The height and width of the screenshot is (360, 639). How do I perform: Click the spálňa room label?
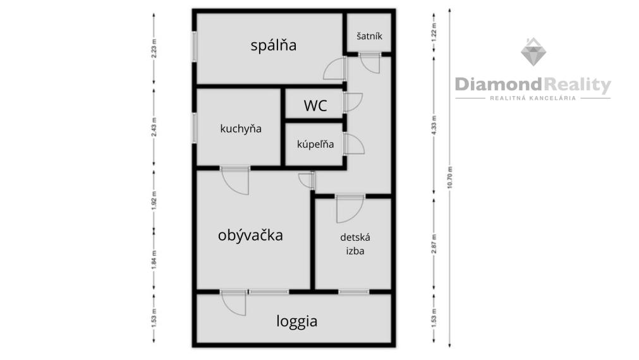tap(274, 45)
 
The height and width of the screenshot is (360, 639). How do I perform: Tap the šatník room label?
tap(369, 36)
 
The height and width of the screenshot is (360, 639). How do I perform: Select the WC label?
tap(315, 105)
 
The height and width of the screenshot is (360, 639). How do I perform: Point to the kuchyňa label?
tap(240, 129)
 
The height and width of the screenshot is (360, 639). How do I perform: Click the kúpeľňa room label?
tap(315, 144)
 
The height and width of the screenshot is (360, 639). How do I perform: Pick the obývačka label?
tap(250, 235)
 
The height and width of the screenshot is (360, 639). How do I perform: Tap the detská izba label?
tap(355, 244)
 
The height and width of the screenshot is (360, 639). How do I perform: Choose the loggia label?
tap(296, 321)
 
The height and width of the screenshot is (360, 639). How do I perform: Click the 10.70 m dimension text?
tap(449, 177)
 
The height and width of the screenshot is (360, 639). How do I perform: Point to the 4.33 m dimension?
tap(434, 126)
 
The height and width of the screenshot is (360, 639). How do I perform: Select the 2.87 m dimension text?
tap(434, 244)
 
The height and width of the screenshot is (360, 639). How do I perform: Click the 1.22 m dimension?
tap(434, 30)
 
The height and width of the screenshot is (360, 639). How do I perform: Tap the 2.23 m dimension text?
tap(154, 49)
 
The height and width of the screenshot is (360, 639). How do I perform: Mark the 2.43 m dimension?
tap(154, 127)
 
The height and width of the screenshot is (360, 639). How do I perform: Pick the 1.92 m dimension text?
tap(154, 201)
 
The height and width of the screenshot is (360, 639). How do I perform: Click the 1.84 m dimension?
tap(154, 260)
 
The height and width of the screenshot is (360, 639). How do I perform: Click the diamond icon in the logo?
tap(533, 52)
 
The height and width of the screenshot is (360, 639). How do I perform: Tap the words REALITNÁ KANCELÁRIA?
tap(533, 98)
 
